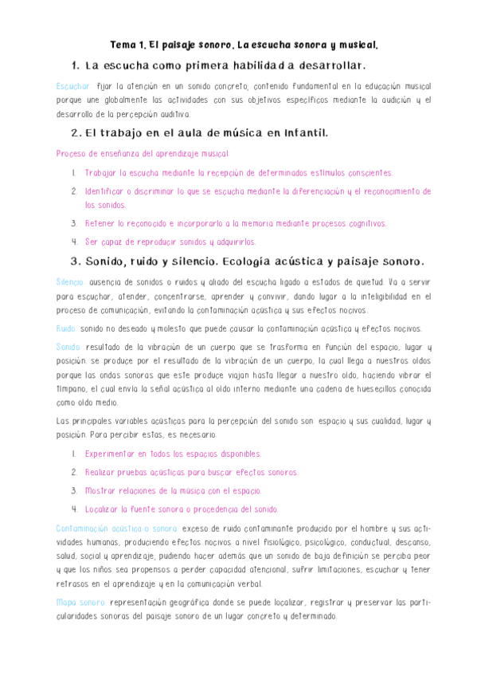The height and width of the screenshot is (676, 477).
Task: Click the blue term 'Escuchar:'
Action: click(x=72, y=85)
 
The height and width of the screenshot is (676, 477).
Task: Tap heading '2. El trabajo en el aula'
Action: click(x=199, y=132)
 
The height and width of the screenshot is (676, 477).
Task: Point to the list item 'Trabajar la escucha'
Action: click(x=238, y=172)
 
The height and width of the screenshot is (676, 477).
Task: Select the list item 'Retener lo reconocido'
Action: click(x=235, y=223)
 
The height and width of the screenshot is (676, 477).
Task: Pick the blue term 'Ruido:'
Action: click(x=66, y=328)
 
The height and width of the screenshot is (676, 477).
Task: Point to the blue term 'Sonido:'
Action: click(x=69, y=348)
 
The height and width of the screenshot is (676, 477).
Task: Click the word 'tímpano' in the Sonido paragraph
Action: click(x=71, y=389)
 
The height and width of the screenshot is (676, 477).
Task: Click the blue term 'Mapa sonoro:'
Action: click(x=81, y=603)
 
